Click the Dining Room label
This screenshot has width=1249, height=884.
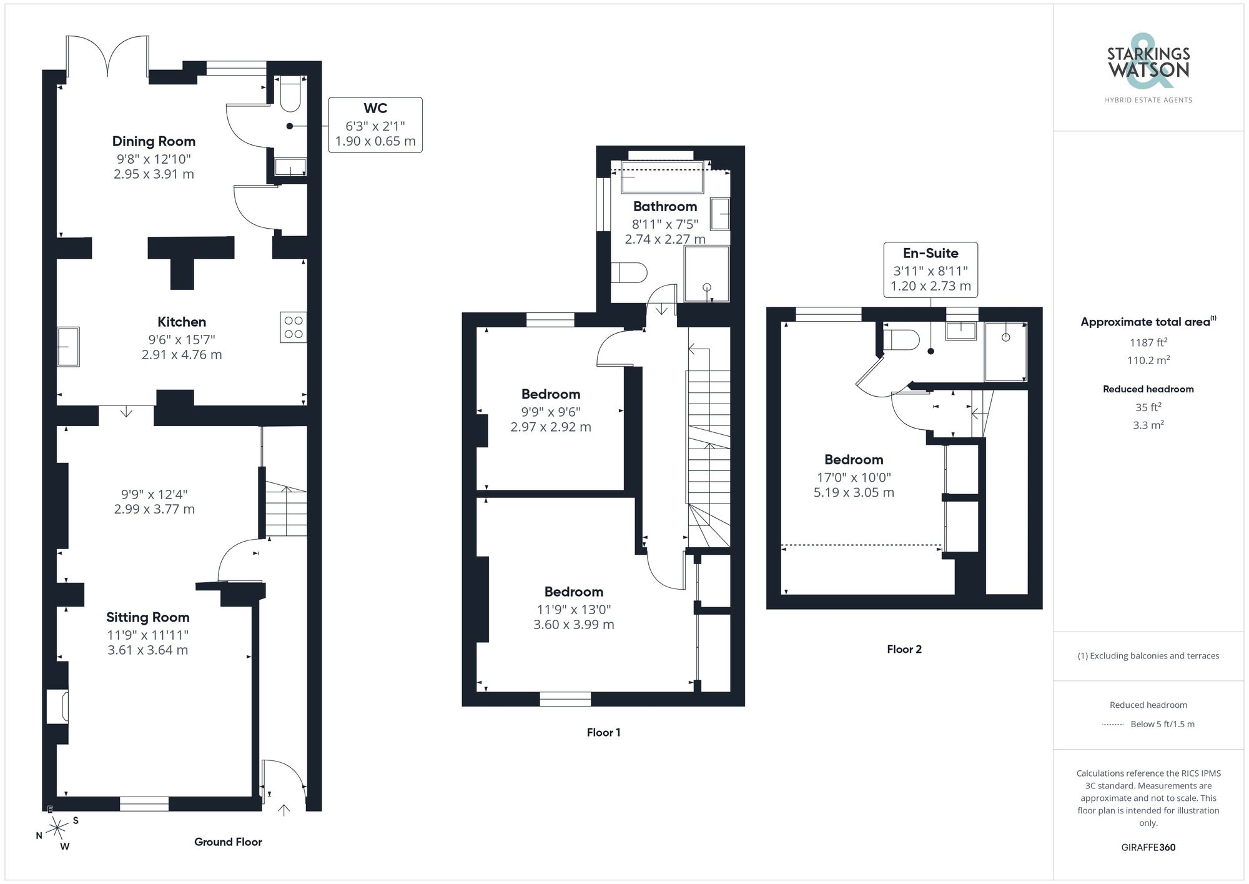click(x=154, y=141)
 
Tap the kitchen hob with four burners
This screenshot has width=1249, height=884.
click(x=293, y=327)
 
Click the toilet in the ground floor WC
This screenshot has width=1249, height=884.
click(x=290, y=94)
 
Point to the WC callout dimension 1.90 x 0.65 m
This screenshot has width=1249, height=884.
click(x=375, y=141)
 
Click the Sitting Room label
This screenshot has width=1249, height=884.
click(x=147, y=617)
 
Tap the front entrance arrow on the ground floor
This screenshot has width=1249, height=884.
click(x=284, y=810)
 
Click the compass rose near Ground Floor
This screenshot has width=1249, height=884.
click(x=57, y=829)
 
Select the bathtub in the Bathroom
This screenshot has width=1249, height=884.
click(x=662, y=177)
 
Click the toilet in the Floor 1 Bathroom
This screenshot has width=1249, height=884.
click(x=629, y=273)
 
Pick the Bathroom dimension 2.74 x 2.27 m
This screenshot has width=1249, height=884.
click(x=665, y=239)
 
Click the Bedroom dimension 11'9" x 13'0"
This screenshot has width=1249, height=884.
click(x=573, y=609)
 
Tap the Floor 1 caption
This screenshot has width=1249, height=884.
click(x=603, y=732)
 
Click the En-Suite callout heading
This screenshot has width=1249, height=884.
click(x=931, y=253)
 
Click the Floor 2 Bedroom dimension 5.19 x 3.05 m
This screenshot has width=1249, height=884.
click(x=854, y=492)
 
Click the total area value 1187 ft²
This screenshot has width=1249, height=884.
click(x=1148, y=342)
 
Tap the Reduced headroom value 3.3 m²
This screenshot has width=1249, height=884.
click(x=1148, y=425)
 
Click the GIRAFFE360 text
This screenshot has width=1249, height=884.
click(x=1148, y=847)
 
